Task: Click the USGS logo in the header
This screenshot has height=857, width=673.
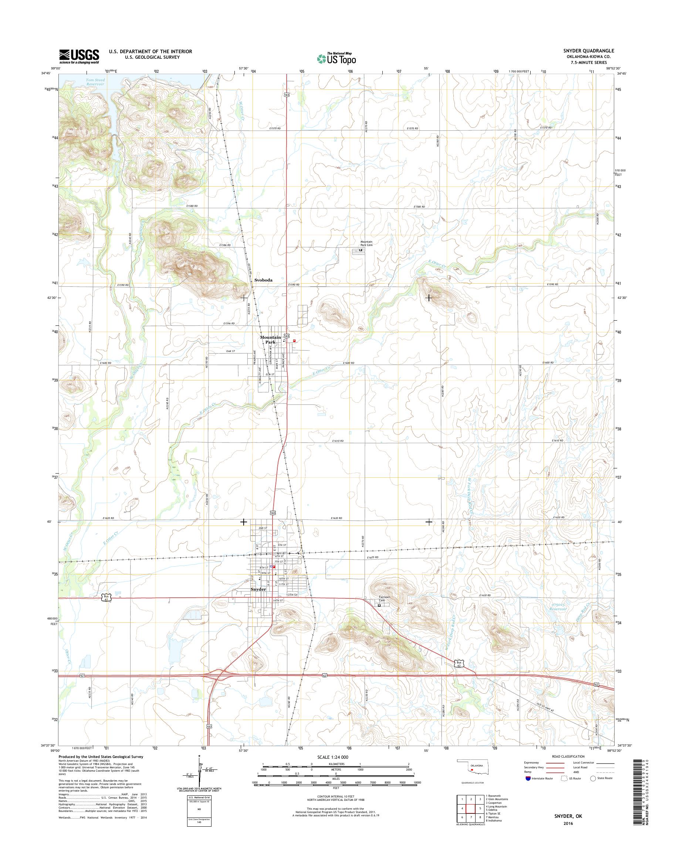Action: pos(79,57)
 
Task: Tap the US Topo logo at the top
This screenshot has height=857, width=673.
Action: pos(336,58)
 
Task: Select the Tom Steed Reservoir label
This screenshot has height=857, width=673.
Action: pos(95,82)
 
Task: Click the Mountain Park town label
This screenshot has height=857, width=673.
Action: pos(270,340)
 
